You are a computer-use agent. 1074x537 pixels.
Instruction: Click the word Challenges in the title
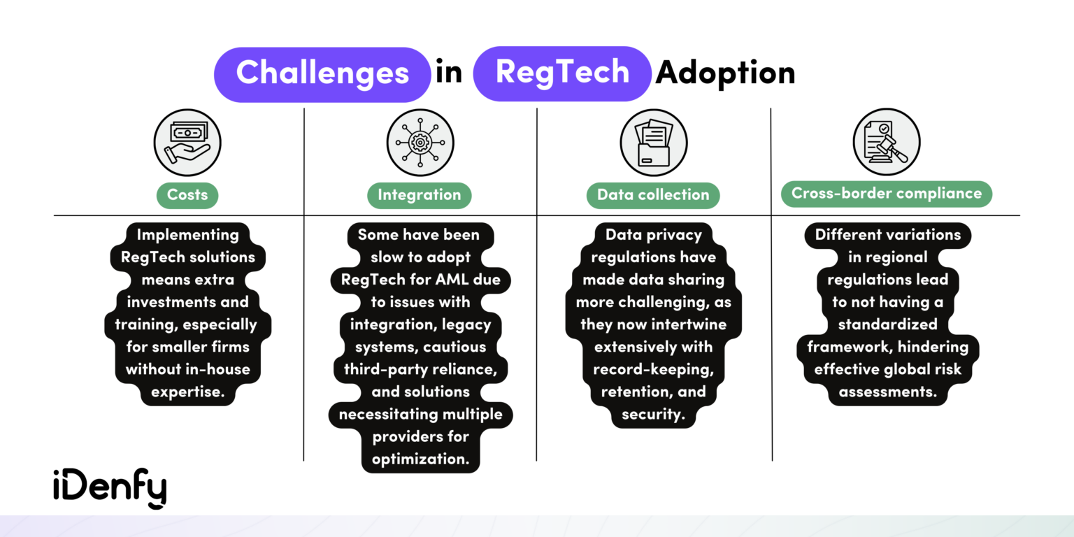coord(322,73)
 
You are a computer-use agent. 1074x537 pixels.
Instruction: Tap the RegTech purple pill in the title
coord(562,73)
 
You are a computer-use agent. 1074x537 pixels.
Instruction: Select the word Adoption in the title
coord(725,73)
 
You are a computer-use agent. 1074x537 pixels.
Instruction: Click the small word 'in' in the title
coord(449,73)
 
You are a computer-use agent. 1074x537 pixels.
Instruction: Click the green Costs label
coord(187,195)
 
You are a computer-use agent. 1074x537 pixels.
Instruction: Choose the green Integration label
coord(420,195)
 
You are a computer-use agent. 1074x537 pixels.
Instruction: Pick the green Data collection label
coord(653,195)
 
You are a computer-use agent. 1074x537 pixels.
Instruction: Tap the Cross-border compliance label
coord(887,194)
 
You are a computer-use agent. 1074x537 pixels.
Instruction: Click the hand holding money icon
coord(187,143)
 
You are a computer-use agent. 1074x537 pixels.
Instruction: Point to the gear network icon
coord(420,143)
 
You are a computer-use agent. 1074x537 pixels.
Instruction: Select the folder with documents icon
coord(654,143)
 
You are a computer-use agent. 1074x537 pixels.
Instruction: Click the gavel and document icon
coord(887,143)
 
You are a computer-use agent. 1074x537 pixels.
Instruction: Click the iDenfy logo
coord(110,487)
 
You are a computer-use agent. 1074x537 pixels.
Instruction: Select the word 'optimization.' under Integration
coord(421,459)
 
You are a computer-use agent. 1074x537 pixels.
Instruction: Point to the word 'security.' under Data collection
coord(653,414)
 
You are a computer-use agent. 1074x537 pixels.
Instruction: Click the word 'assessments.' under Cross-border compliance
coord(887,392)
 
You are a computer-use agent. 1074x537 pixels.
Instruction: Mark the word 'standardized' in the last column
coord(887,324)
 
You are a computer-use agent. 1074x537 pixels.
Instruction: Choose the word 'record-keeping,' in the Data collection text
coord(653,369)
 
